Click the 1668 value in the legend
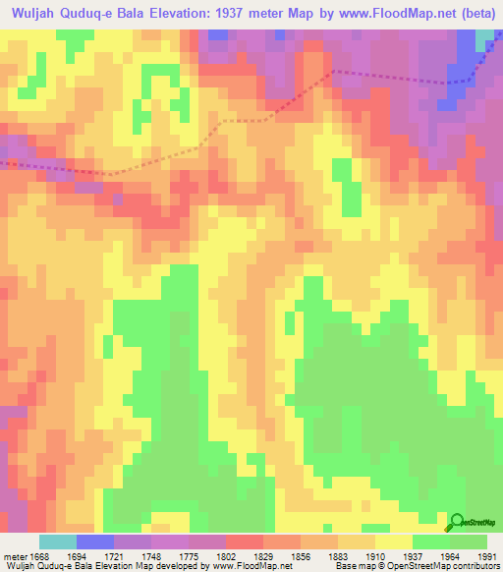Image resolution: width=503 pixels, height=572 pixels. pos(40,555)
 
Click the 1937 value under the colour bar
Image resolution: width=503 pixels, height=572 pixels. pos(413,555)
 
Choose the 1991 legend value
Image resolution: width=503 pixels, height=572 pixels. pos(486,555)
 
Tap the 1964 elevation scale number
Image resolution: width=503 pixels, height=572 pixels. pos(450,555)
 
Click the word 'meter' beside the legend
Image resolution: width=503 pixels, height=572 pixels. pos(15,555)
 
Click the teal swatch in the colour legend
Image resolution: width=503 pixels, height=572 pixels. pos(58,542)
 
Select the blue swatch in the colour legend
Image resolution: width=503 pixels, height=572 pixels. pos(95,542)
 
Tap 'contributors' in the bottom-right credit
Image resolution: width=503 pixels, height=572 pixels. pos(475,566)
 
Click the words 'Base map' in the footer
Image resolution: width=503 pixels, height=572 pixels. pos(351,566)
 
